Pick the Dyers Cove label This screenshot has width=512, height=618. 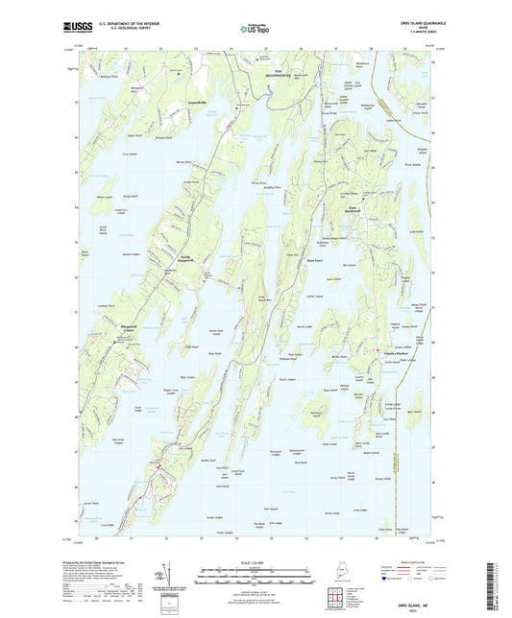tap(313, 259)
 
